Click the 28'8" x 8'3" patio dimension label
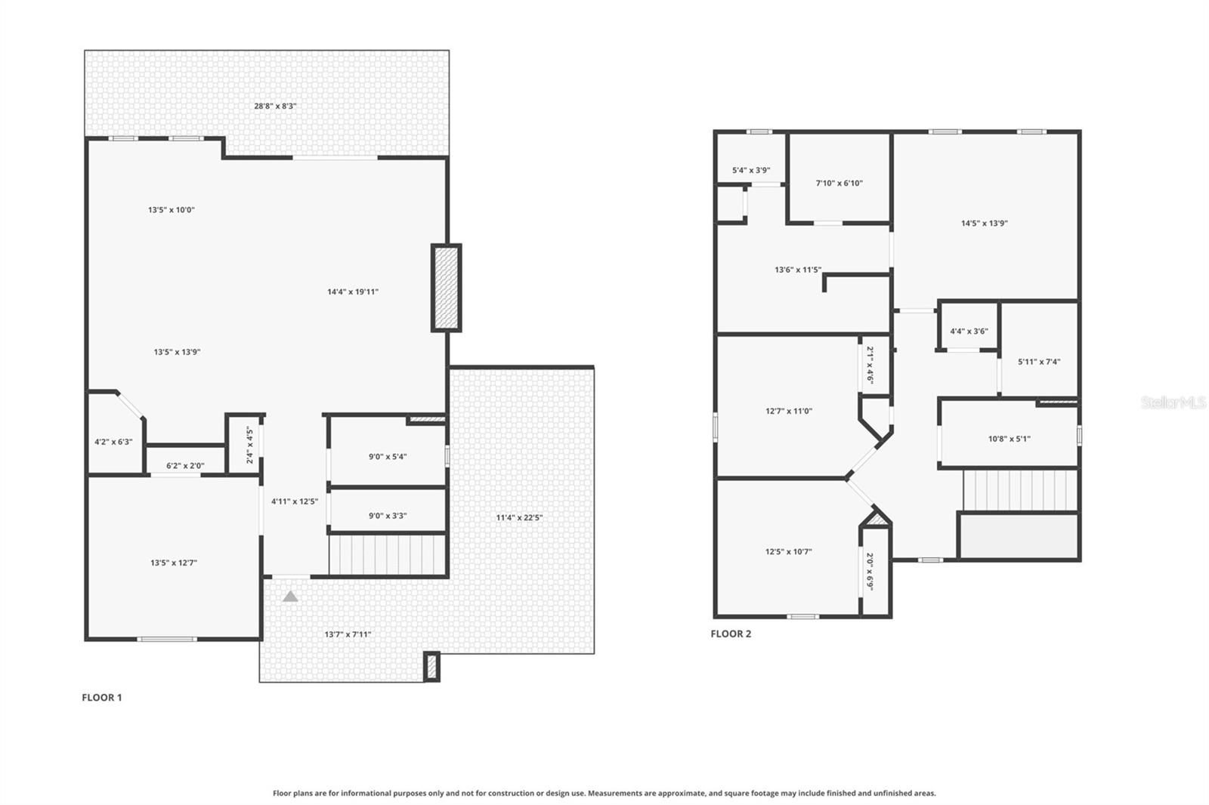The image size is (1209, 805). [x=275, y=106]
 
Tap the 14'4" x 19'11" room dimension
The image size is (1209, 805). [x=353, y=291]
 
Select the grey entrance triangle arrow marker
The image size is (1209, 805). [x=290, y=597]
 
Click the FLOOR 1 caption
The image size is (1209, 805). [x=102, y=698]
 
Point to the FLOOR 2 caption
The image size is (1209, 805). [x=731, y=634]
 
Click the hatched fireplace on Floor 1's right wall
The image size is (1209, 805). [x=446, y=288]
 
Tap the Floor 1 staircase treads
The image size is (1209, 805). [x=387, y=555]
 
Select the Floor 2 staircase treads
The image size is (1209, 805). [x=1019, y=490]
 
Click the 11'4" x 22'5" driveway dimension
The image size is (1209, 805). [x=519, y=518]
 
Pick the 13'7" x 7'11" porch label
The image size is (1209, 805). [x=348, y=635]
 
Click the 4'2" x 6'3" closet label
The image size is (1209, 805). [x=113, y=442]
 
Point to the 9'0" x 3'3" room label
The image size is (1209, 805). [x=388, y=516]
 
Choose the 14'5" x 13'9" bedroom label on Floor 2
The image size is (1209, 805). [x=985, y=224]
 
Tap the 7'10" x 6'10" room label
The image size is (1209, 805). [x=839, y=183]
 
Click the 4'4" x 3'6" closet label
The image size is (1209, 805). [x=969, y=332]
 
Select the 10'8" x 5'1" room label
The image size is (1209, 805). [x=1010, y=439]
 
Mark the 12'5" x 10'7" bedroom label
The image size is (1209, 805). [x=788, y=552]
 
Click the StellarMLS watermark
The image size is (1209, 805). [x=1173, y=403]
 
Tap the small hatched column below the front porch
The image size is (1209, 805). [x=432, y=667]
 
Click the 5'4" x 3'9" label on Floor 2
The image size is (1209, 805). [x=751, y=171]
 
